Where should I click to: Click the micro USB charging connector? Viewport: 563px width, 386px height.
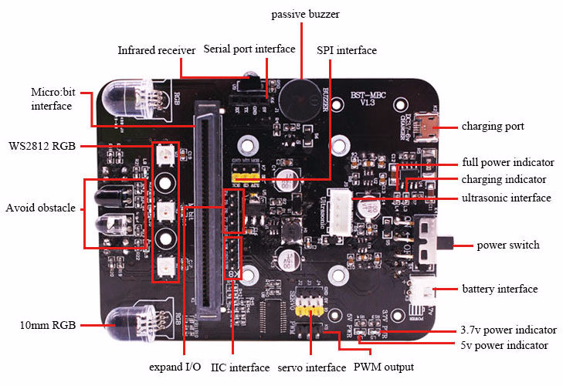[x=423, y=124]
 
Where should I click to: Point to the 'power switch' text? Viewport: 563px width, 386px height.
[x=508, y=245]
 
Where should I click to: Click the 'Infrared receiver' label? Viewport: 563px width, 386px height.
[x=157, y=50]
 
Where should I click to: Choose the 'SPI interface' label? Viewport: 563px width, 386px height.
[x=347, y=50]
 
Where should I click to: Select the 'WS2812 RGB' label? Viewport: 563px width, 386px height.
[x=42, y=146]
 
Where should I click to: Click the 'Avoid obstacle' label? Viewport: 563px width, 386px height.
[x=40, y=208]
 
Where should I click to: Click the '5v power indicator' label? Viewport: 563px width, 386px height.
[x=504, y=345]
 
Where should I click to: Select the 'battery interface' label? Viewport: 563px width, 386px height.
[x=499, y=289]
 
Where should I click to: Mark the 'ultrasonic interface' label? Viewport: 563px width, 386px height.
[x=507, y=198]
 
